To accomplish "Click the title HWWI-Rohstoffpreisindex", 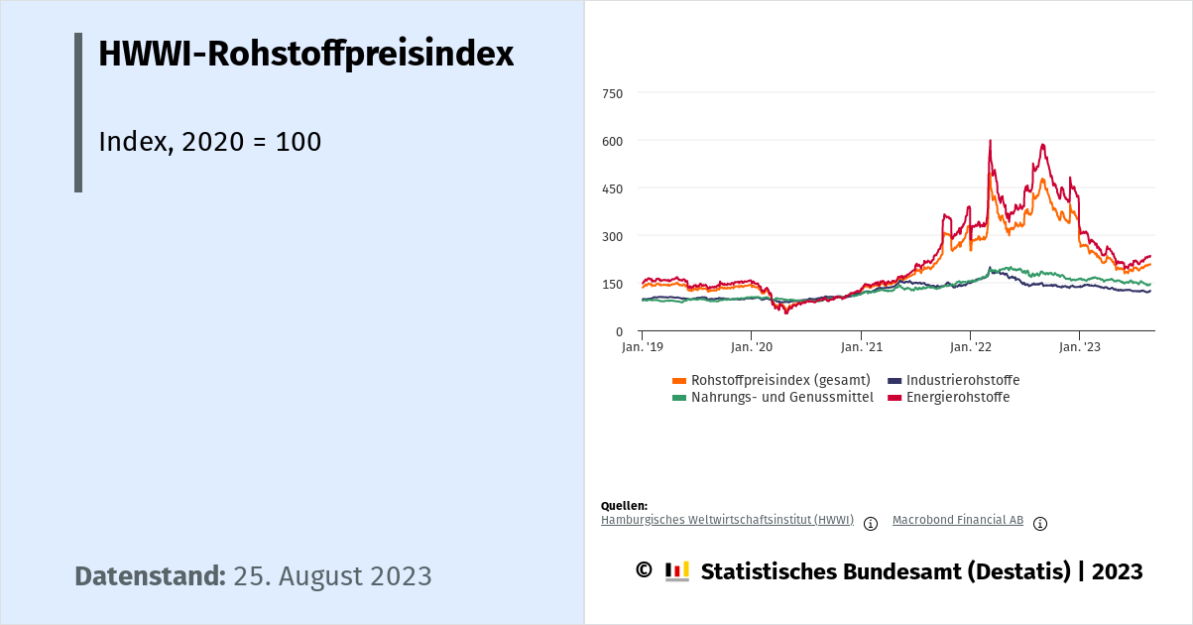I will click(x=305, y=55).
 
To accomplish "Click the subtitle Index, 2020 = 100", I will click(x=210, y=142).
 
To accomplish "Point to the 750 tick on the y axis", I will click(x=612, y=93).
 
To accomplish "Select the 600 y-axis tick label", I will click(x=612, y=141).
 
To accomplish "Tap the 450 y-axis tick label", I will click(x=612, y=188).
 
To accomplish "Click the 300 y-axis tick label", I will click(x=612, y=236).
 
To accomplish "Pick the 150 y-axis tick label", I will click(x=612, y=284).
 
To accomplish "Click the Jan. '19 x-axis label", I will click(x=643, y=347).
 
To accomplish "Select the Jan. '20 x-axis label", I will click(x=752, y=347).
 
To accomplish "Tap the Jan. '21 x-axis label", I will click(x=861, y=347).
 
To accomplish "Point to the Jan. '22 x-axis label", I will click(x=970, y=347).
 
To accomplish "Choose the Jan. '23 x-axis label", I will click(x=1079, y=347).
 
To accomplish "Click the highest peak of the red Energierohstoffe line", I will click(x=990, y=141).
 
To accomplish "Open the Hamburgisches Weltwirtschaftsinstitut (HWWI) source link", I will click(x=727, y=520).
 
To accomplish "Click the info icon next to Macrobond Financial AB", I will click(x=1040, y=524).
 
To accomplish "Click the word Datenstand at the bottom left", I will click(x=150, y=576).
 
